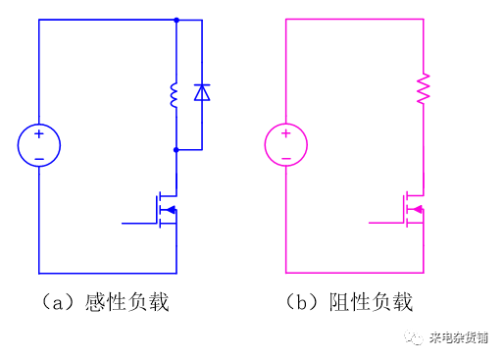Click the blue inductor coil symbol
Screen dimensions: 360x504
tap(176, 95)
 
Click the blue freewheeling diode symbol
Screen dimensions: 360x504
tap(202, 93)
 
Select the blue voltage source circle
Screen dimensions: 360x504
tap(39, 145)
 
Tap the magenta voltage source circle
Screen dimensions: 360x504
tap(285, 145)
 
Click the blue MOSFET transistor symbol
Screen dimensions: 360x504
tap(165, 209)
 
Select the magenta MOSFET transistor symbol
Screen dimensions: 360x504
tap(412, 209)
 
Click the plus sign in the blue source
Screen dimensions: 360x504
tap(39, 134)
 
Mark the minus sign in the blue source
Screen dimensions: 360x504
tap(39, 157)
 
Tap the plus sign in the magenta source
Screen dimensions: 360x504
tap(285, 134)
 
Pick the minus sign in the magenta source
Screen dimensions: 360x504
tap(285, 157)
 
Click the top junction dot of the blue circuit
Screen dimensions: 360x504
tap(176, 20)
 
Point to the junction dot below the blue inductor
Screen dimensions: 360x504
tap(176, 150)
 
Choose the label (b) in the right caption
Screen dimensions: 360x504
tap(303, 301)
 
